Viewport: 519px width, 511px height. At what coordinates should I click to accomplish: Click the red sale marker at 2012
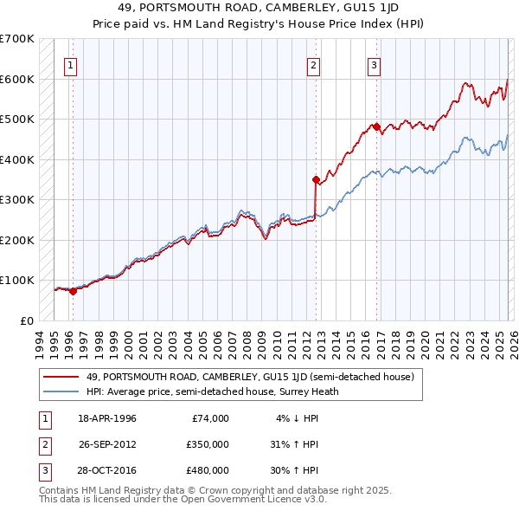316,179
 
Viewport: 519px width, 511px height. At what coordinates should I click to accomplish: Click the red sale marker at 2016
377,127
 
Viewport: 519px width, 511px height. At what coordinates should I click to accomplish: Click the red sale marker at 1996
73,291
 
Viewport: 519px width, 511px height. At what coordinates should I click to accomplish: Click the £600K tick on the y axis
17,79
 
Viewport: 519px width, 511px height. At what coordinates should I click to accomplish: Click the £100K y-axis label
17,281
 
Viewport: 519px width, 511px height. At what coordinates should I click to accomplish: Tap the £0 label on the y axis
26,320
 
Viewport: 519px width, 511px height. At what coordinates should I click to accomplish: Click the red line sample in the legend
61,377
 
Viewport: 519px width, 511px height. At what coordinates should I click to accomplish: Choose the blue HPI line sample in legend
61,391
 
